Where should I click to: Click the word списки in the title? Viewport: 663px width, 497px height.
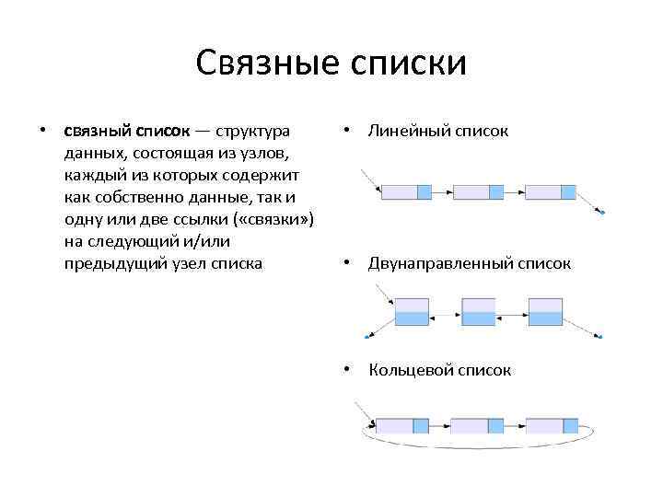pos(410,63)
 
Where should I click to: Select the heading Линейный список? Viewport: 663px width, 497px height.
pos(438,131)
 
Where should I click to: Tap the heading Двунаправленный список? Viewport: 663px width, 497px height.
pos(470,263)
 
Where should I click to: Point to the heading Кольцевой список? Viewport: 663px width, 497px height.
pos(439,370)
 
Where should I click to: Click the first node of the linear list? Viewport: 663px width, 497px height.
pos(406,192)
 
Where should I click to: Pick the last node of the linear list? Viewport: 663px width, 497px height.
pos(551,192)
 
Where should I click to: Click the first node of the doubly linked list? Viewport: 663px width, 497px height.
pos(412,312)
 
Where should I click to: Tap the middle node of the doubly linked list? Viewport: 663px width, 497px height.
pos(479,312)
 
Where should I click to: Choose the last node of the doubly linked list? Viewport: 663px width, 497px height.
pos(545,312)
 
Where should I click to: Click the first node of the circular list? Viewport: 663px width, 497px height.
pos(402,426)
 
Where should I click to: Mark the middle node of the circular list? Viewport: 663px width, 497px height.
pos(477,426)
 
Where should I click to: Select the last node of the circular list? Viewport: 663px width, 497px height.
pos(552,426)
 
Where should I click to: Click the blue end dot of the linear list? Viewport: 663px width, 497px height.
pos(602,213)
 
